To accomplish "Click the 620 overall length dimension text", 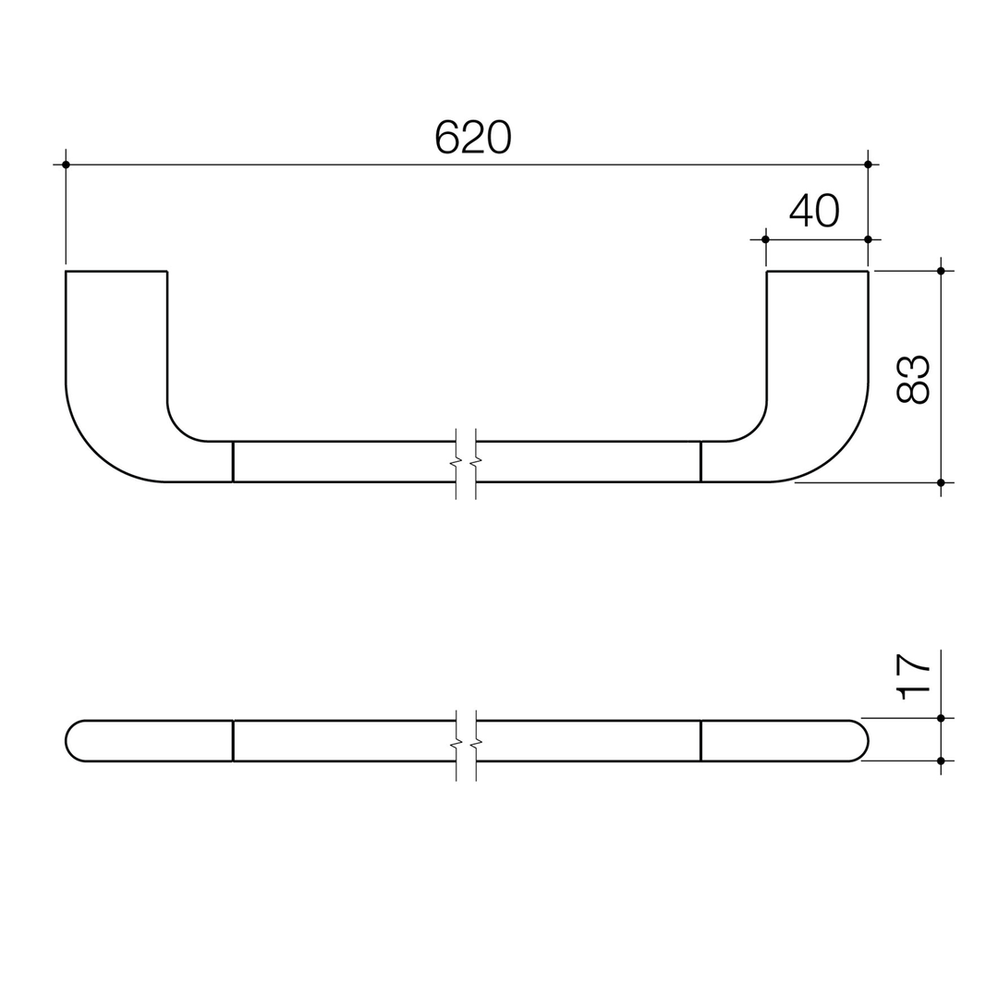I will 473,137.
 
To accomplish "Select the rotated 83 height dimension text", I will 912,379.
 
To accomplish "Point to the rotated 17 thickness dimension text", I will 913,676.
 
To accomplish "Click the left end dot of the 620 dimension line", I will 66,164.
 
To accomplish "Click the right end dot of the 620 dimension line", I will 868,164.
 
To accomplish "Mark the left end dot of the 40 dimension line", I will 765,239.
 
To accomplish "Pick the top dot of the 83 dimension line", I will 941,271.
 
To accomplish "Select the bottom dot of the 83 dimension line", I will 941,482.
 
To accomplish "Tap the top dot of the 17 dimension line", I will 941,718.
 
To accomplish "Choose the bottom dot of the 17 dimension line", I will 941,761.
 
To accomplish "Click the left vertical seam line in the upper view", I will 233,461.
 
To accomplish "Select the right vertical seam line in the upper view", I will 700,461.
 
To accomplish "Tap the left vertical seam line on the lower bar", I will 233,740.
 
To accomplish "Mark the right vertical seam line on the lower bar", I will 700,740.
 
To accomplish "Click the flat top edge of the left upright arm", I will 116,271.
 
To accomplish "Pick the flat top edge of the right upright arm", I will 817,271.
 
